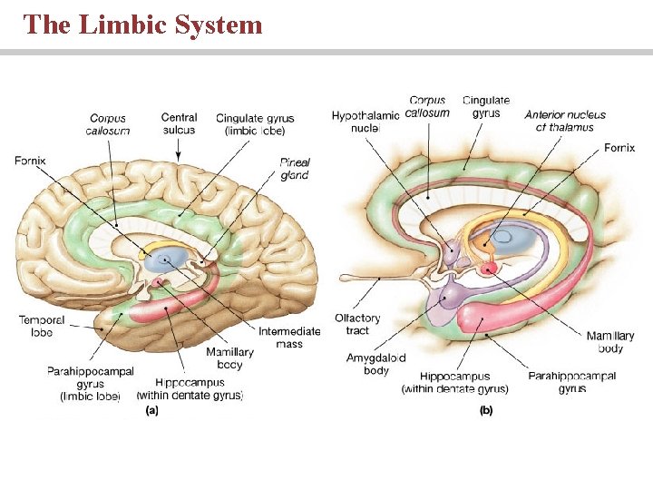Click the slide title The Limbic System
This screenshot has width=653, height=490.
[x=143, y=24]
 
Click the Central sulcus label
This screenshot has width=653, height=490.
[x=179, y=123]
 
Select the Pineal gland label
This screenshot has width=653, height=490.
[x=295, y=169]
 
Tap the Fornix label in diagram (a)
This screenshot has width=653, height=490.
[x=30, y=161]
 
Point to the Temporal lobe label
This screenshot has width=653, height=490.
[x=41, y=326]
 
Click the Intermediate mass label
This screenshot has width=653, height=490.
[x=289, y=338]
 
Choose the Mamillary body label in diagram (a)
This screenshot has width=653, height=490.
[x=229, y=358]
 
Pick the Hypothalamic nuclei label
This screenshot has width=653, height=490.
[x=365, y=122]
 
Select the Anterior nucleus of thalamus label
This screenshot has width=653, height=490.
[x=565, y=121]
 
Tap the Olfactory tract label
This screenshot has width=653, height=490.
[x=357, y=324]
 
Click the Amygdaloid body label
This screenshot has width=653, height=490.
[x=375, y=364]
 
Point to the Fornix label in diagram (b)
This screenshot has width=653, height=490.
[x=619, y=147]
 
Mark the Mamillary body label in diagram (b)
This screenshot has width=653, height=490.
[x=610, y=342]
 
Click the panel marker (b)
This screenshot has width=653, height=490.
[x=486, y=410]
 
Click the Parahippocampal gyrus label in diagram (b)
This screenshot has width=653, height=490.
[x=571, y=382]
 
